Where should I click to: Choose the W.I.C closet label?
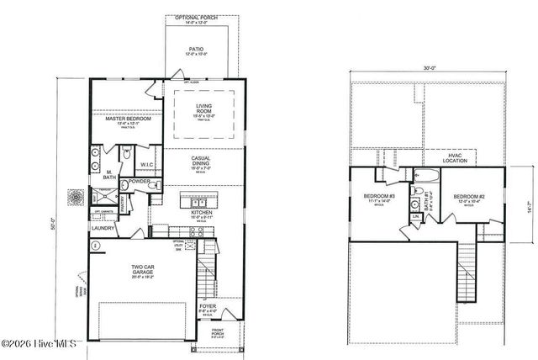146,165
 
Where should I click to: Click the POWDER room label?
140,181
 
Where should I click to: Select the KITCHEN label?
200,214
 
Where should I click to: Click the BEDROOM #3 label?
376,199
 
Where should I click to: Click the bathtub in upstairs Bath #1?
425,177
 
